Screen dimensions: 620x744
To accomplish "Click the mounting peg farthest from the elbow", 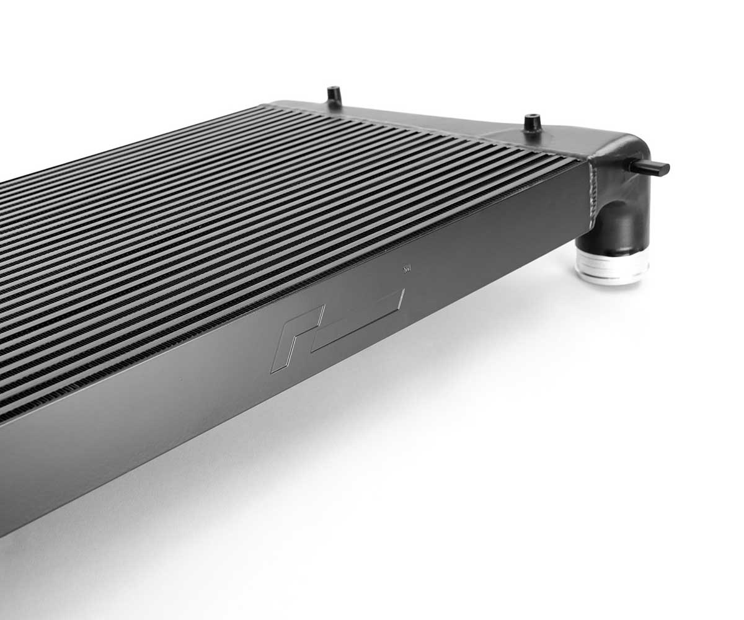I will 334,96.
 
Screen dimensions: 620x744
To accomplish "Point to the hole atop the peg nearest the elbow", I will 532,116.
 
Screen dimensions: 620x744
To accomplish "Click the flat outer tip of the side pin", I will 665,168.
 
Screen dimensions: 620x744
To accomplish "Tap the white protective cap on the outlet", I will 612,263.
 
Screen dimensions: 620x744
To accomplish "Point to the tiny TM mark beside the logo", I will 407,269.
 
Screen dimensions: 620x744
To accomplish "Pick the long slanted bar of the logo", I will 360,319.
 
